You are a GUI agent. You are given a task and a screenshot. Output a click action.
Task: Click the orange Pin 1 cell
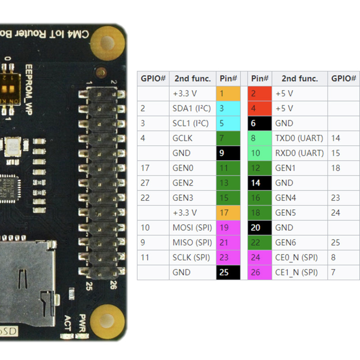click(x=228, y=94)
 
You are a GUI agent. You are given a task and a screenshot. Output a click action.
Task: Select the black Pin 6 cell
click(x=260, y=123)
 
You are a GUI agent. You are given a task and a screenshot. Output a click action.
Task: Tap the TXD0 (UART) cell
click(x=299, y=138)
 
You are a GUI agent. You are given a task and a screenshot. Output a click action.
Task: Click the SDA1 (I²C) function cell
click(x=192, y=108)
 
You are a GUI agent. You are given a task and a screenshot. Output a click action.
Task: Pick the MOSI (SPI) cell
click(x=192, y=228)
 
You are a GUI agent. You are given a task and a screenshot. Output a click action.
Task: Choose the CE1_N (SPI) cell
click(x=299, y=272)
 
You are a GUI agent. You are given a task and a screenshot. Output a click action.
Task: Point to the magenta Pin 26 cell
click(x=260, y=272)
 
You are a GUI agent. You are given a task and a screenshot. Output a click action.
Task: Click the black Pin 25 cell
click(x=228, y=272)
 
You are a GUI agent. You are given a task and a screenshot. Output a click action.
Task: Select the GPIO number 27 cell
click(x=153, y=183)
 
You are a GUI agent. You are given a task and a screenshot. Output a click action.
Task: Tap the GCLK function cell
click(x=192, y=138)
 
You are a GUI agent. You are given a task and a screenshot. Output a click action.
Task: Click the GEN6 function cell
click(x=299, y=243)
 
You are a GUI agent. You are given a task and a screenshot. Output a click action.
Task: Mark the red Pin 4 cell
click(x=260, y=108)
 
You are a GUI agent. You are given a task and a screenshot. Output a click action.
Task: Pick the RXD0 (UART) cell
click(x=299, y=153)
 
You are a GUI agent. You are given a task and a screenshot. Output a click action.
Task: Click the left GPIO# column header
click(x=153, y=78)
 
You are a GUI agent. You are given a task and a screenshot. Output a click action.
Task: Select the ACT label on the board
click(x=67, y=324)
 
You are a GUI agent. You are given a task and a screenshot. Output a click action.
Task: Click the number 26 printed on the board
click(x=112, y=285)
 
